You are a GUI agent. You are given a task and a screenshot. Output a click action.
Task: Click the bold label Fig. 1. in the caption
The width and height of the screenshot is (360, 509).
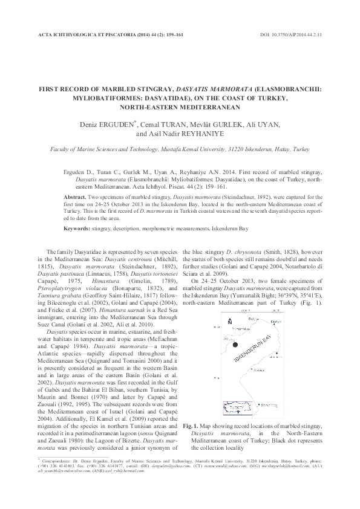click(191, 427)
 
